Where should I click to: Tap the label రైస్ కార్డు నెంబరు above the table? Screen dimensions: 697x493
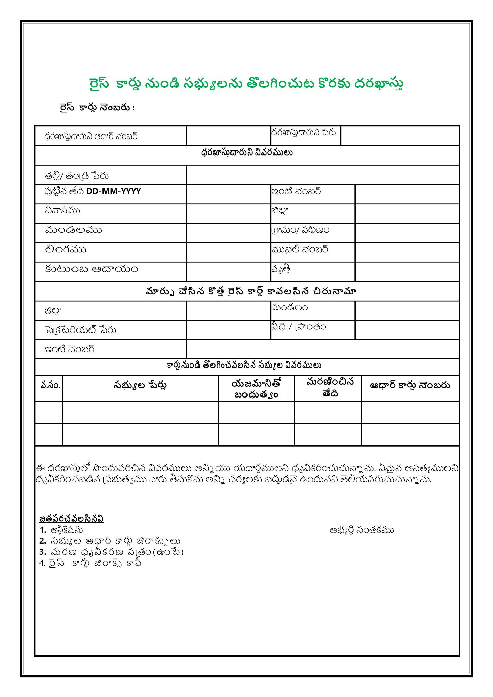pos(97,108)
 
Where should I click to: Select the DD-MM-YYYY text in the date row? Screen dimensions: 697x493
pos(113,191)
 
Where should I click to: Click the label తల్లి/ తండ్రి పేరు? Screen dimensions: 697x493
pos(77,176)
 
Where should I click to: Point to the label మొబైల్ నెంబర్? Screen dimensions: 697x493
pos(300,249)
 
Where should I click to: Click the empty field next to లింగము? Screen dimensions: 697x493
pos(228,252)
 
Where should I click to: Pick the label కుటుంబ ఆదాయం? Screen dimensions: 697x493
pos(92,269)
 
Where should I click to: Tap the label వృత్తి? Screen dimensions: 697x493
pos(281,269)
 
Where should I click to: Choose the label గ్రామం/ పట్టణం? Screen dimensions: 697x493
pos(300,230)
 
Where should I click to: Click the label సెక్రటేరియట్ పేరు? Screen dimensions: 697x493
pos(81,330)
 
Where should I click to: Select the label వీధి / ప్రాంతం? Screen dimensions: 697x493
pos(299,327)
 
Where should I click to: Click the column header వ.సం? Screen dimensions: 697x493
pos(50,386)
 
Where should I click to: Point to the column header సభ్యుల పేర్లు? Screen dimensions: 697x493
pos(140,386)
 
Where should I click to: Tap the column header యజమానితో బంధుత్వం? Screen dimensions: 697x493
pos(256,389)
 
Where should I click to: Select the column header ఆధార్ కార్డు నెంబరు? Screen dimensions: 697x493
pos(410,385)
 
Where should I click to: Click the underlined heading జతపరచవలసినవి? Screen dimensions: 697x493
pos(71,519)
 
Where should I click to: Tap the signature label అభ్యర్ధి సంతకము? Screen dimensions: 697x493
pos(362,530)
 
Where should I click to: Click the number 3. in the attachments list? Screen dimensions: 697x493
pos(43,552)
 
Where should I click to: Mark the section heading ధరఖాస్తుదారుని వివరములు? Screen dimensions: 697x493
pos(247,152)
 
